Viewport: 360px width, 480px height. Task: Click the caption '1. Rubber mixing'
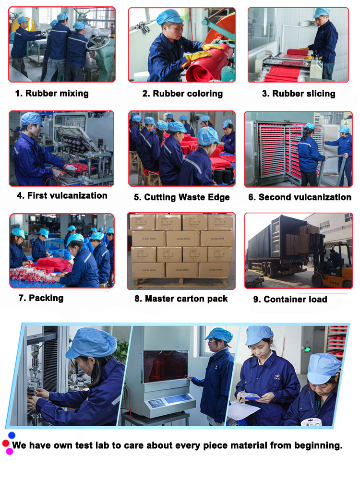pyautogui.click(x=52, y=94)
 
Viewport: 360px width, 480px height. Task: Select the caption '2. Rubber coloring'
pyautogui.click(x=182, y=94)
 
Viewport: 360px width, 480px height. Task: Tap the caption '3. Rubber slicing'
pyautogui.click(x=299, y=94)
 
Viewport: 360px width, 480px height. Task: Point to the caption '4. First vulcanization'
pyautogui.click(x=62, y=196)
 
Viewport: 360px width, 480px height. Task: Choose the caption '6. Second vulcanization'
pyautogui.click(x=300, y=197)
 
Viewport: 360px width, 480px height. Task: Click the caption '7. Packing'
pyautogui.click(x=41, y=298)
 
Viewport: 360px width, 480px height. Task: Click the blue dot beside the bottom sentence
pyautogui.click(x=12, y=435)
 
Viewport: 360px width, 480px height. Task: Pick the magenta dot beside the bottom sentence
pyautogui.click(x=10, y=451)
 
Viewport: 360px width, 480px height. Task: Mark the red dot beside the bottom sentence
pyautogui.click(x=5, y=443)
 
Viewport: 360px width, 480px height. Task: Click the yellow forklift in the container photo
pyautogui.click(x=332, y=266)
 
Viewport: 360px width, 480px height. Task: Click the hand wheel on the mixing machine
pyautogui.click(x=98, y=43)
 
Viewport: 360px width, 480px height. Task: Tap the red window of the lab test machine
pyautogui.click(x=166, y=366)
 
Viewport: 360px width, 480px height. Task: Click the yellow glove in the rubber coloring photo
pyautogui.click(x=196, y=58)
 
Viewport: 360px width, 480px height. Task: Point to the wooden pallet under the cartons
pyautogui.click(x=181, y=282)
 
